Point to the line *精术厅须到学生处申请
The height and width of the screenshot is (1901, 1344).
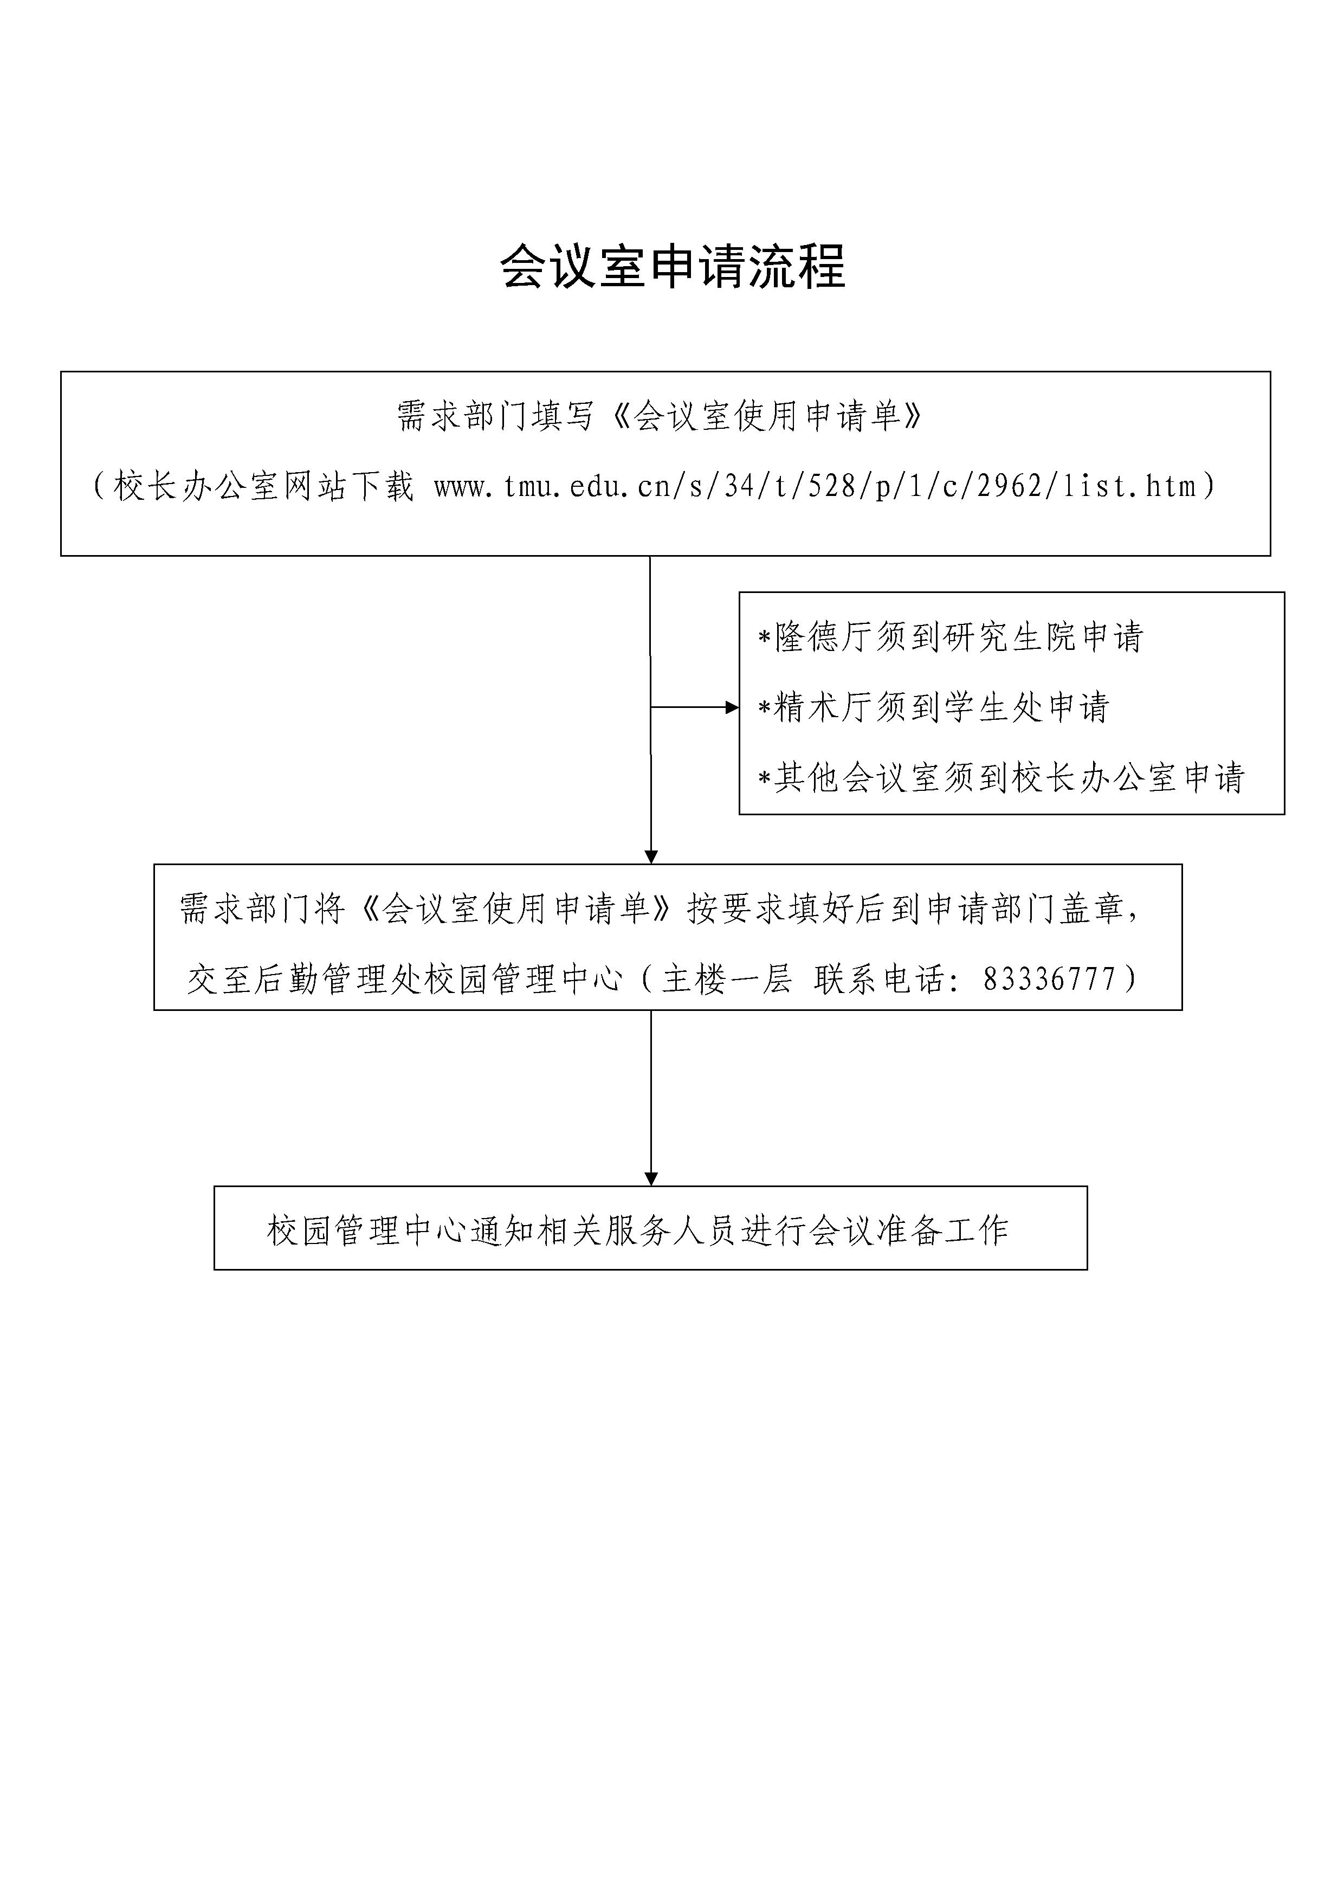pos(934,707)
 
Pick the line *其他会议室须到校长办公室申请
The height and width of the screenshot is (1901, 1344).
pos(1001,777)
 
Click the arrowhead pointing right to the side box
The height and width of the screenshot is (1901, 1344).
pos(732,707)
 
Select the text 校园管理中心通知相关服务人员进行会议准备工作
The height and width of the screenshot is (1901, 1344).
pos(638,1230)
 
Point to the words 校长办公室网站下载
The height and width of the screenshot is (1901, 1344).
pos(264,486)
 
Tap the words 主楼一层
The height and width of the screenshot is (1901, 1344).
pos(727,980)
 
